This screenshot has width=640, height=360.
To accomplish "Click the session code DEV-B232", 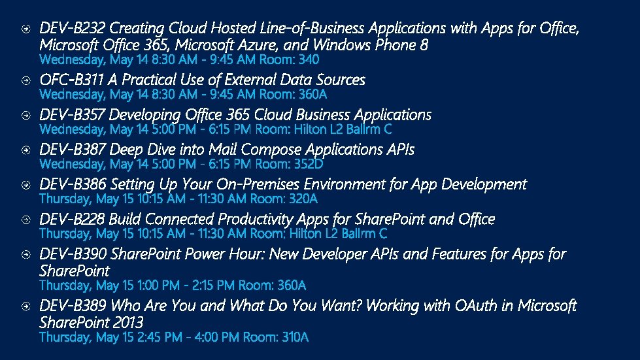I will [73, 29].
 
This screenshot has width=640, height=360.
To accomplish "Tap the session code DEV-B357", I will [73, 115].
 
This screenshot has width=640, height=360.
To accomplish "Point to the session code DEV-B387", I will [73, 150].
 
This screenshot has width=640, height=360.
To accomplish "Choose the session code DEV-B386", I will [73, 184].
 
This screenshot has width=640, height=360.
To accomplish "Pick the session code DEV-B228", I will [73, 219].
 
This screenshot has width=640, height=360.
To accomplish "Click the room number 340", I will [309, 60].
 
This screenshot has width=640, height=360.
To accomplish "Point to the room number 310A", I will [295, 337].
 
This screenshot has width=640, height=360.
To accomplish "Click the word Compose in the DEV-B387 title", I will [246, 150].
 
